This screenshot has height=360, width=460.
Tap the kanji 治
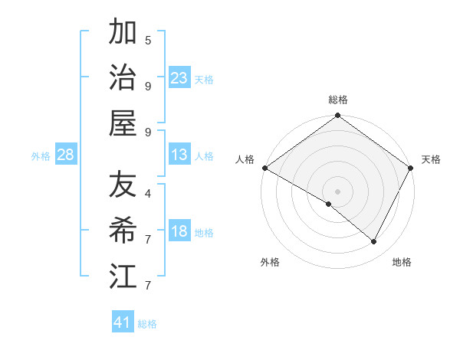tap(123, 78)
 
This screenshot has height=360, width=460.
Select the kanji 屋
tap(123, 123)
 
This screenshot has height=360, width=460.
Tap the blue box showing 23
tap(179, 78)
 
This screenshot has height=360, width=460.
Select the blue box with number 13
tap(179, 155)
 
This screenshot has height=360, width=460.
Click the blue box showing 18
tap(179, 232)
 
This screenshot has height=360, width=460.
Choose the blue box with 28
tap(65, 155)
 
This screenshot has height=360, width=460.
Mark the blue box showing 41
tap(123, 322)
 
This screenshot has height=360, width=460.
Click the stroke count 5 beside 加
tap(148, 40)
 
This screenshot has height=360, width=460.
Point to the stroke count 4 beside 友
tap(148, 194)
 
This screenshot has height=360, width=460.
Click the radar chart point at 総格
tap(337, 116)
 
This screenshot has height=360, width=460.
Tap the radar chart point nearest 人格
tap(264, 168)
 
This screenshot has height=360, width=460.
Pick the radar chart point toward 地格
tap(374, 242)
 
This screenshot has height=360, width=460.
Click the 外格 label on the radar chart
tap(270, 262)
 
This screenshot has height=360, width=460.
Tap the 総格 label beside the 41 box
tap(147, 324)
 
